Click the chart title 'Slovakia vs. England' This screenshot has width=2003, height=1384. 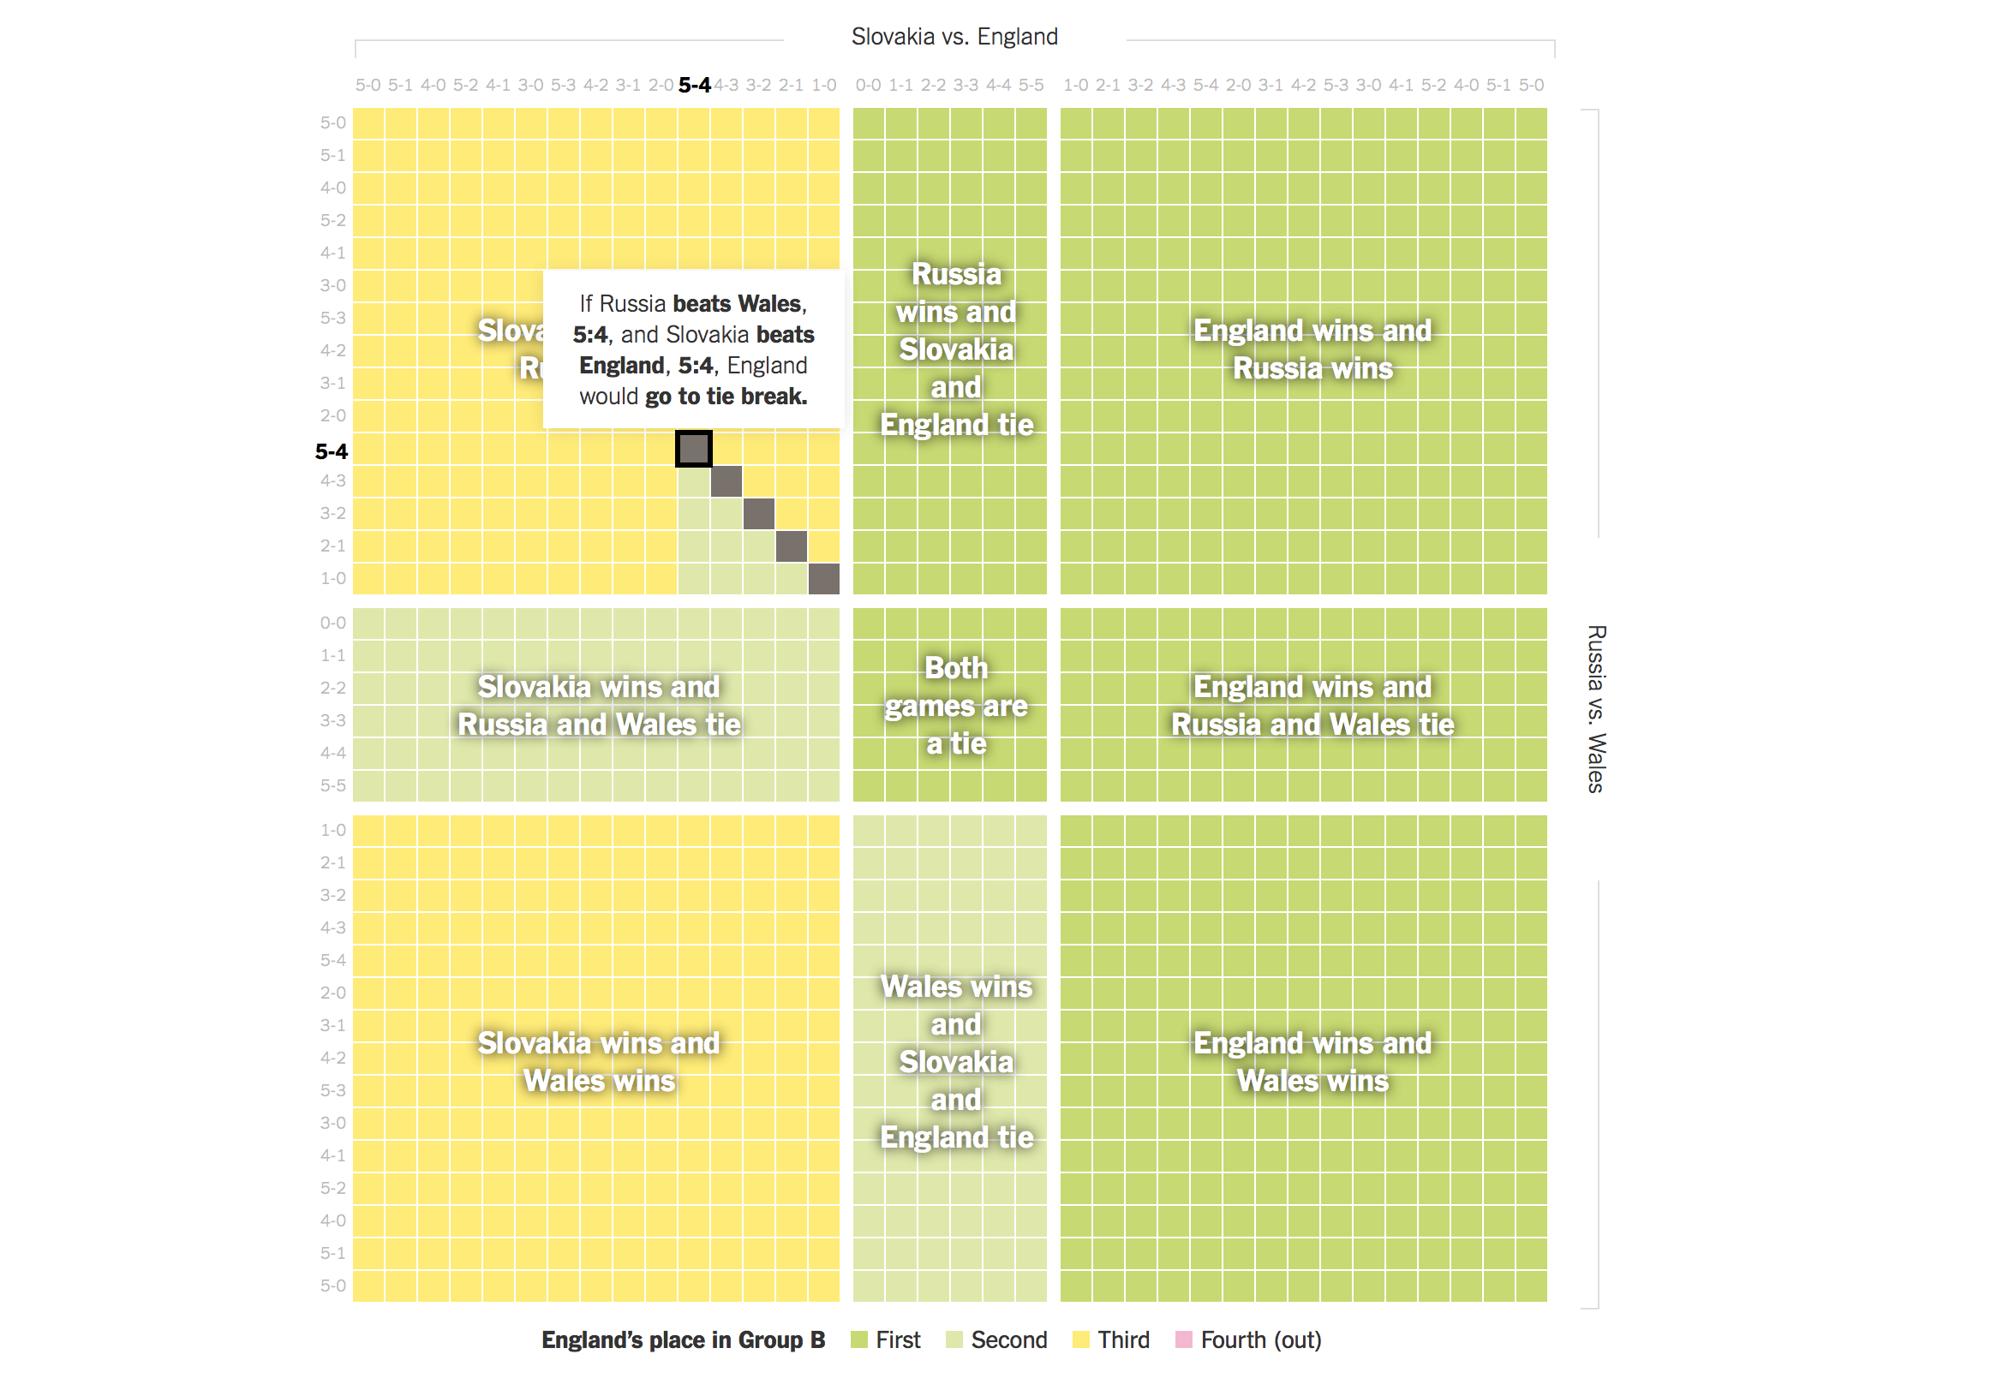coord(954,37)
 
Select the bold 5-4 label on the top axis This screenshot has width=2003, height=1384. coord(694,85)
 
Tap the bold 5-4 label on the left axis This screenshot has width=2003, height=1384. coord(332,452)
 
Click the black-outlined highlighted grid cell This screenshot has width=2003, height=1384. coord(693,448)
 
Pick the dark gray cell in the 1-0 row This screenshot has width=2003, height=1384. coord(823,578)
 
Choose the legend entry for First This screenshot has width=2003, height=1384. coord(885,1339)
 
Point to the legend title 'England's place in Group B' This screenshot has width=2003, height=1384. coord(683,1339)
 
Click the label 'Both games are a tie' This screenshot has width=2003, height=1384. coord(956,705)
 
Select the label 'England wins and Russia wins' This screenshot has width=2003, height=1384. coord(1312,349)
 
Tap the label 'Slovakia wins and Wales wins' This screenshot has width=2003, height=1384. coord(599,1061)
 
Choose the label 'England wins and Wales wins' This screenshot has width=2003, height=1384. coord(1312,1061)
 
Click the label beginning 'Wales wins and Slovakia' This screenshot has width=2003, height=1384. coord(956,1061)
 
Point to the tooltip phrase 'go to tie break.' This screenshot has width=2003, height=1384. coord(725,397)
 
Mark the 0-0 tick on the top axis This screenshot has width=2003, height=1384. coord(868,85)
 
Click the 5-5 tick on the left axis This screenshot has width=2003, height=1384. coord(332,785)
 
